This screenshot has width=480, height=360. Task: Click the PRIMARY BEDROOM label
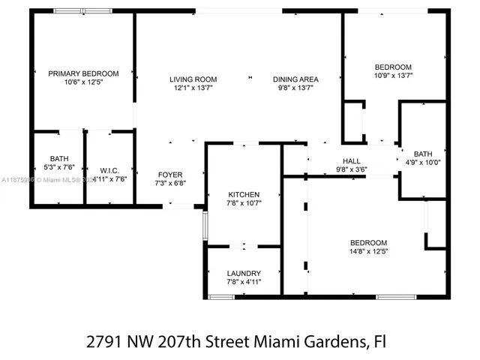coord(83,73)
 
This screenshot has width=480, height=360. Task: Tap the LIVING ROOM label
coord(193,79)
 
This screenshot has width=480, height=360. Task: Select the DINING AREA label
coord(296,79)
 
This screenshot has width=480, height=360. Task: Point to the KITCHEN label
coord(244,193)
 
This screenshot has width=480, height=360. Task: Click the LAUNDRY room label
coord(244,273)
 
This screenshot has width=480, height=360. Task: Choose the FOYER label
coord(170,174)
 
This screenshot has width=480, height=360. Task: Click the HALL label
coord(352,161)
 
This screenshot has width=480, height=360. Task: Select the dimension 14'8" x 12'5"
coord(369,251)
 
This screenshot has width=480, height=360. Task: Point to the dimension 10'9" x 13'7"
coord(394,75)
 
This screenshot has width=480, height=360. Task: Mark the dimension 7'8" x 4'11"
coord(244,282)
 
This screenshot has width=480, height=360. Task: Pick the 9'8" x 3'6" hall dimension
coord(352,169)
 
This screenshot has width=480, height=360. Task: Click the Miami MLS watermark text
coord(58,181)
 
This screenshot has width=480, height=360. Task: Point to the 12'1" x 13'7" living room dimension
coord(193,88)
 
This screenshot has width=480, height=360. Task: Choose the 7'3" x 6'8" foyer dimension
coord(170,183)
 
